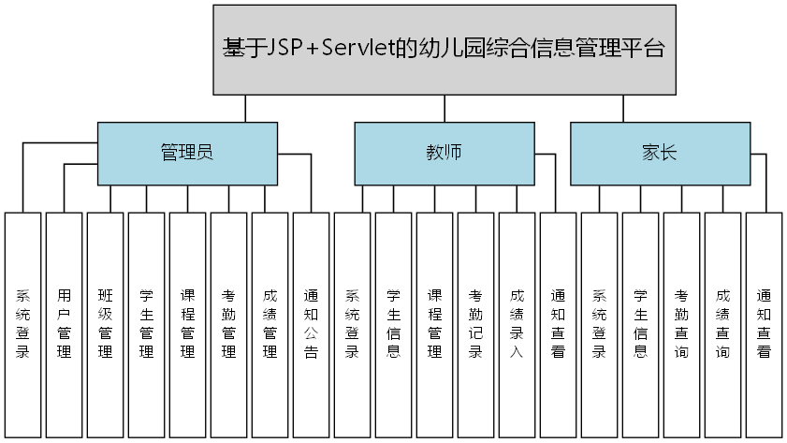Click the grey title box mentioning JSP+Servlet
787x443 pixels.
click(444, 50)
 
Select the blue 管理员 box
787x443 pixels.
click(187, 153)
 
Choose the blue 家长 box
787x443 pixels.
click(659, 153)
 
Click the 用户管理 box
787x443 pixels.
click(64, 324)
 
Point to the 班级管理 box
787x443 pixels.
click(105, 324)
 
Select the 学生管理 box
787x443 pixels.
click(146, 324)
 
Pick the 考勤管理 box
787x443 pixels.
click(228, 324)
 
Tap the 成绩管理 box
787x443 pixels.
click(270, 324)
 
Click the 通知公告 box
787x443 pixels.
click(311, 324)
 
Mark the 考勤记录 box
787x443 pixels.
click(475, 324)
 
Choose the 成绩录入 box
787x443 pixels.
click(517, 324)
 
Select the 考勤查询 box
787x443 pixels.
click(681, 324)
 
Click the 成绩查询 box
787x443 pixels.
click(722, 324)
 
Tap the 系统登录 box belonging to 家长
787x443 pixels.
click(599, 324)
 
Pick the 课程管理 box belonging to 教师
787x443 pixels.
click(434, 324)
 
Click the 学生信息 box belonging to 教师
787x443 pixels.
click(393, 324)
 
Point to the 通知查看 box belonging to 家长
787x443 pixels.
click(764, 324)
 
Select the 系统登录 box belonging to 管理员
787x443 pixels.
click(22, 324)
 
